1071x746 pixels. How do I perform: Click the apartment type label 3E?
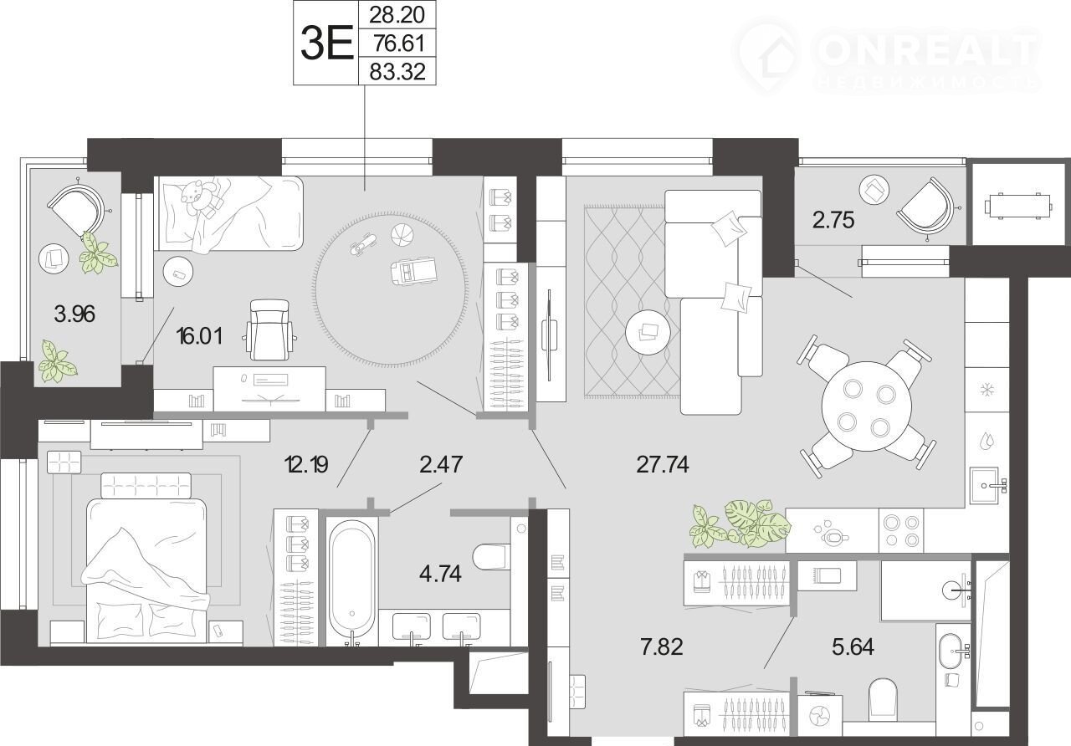tap(326, 43)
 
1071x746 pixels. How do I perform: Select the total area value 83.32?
tap(397, 72)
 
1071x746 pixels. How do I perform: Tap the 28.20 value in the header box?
tap(397, 15)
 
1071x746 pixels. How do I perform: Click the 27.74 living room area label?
tap(662, 464)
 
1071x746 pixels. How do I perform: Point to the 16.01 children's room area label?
tap(199, 336)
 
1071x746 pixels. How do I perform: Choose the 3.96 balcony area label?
tap(74, 314)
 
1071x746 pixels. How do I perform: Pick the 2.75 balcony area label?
tap(833, 220)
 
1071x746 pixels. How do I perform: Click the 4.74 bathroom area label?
tap(440, 574)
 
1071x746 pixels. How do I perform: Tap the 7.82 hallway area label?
tap(662, 646)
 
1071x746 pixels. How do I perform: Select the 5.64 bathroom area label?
tap(853, 646)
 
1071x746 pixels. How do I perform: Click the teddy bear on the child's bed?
tap(200, 196)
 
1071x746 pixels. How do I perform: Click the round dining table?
tap(866, 406)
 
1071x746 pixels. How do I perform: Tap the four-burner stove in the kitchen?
tap(901, 530)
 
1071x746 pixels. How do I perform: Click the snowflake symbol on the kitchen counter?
tap(986, 390)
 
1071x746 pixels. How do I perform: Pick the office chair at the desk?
tap(269, 330)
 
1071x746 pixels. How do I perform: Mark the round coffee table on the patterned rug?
tap(647, 333)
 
